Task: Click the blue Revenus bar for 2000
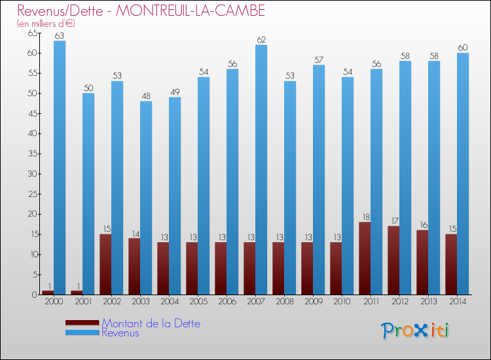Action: coord(60,168)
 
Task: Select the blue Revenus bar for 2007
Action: coord(261,170)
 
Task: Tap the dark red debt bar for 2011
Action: coord(365,259)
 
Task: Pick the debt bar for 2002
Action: coord(105,264)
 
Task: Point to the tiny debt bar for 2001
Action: coord(77,293)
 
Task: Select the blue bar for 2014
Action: coord(463,173)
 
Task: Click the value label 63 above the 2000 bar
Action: coord(60,36)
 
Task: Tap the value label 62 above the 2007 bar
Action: coord(261,40)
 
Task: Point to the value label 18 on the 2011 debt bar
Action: coord(365,217)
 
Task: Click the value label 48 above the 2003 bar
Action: coord(146,96)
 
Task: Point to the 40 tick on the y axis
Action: coord(31,134)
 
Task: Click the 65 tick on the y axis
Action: coord(31,33)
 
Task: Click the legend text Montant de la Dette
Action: coord(151,323)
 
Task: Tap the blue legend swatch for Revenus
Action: coord(82,333)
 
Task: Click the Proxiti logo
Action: coord(414,331)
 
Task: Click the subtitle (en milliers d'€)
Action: coord(46,23)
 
